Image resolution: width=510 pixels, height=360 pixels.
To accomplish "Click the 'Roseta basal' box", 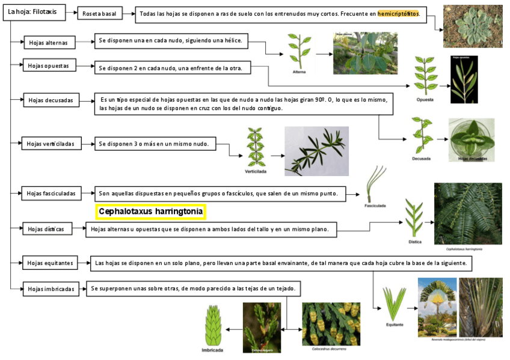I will pyautogui.click(x=100, y=14).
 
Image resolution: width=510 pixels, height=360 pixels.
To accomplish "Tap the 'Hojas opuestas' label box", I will pyautogui.click(x=49, y=66).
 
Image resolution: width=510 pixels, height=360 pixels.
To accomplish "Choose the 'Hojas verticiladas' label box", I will pyautogui.click(x=51, y=144).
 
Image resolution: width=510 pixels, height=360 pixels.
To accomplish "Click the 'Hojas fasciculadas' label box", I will pyautogui.click(x=51, y=194).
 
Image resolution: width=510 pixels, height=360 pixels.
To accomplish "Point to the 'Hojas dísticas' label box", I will pyautogui.click(x=47, y=228).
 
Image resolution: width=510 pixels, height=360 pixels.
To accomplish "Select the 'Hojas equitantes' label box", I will pyautogui.click(x=51, y=263).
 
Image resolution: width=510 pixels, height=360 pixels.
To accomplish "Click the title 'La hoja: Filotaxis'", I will pyautogui.click(x=32, y=12).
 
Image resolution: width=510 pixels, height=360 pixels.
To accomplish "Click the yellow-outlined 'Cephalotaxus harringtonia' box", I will pyautogui.click(x=150, y=212).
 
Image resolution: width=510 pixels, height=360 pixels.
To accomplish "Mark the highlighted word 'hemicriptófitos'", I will pyautogui.click(x=398, y=14).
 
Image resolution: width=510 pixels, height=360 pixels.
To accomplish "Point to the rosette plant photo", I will pyautogui.click(x=472, y=26).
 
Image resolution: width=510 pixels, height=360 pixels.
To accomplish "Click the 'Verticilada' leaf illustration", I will pyautogui.click(x=256, y=147).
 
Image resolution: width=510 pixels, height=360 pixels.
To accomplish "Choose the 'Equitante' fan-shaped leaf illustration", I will pyautogui.click(x=395, y=304).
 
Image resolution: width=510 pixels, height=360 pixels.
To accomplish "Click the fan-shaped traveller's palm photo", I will pyautogui.click(x=437, y=307).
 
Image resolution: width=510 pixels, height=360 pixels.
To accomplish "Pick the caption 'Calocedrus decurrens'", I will pyautogui.click(x=329, y=348).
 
